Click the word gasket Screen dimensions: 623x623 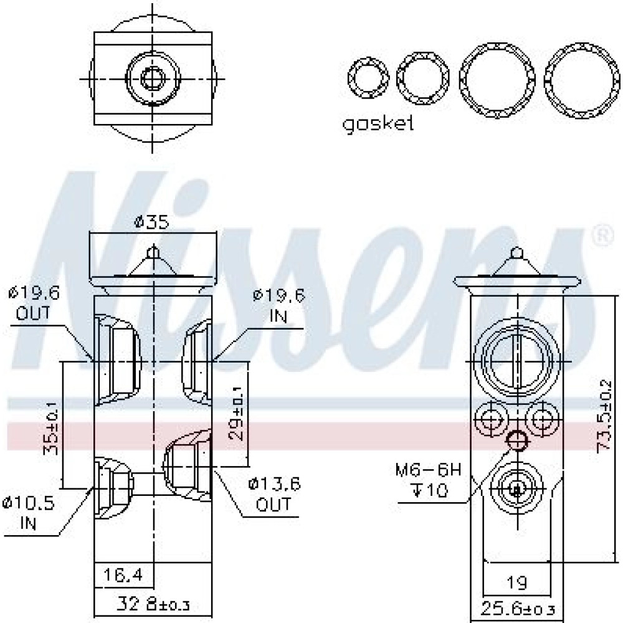(x=378, y=123)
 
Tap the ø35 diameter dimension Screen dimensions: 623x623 (x=151, y=222)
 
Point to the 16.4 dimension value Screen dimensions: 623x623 (x=123, y=574)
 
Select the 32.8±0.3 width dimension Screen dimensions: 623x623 (x=153, y=604)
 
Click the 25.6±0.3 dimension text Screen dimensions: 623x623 (x=518, y=608)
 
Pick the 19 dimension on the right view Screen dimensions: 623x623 (x=517, y=583)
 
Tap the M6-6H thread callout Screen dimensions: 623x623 (x=429, y=470)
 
